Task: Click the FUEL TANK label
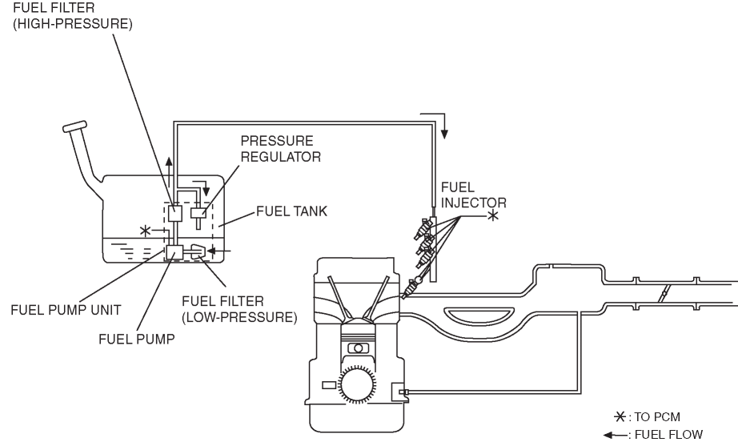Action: (x=291, y=211)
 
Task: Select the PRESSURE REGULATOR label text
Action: (x=280, y=149)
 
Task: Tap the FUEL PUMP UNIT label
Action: (x=66, y=310)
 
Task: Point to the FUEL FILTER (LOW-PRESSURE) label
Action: (x=239, y=309)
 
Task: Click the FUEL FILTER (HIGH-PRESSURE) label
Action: (x=73, y=15)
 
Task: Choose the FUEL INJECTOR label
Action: (x=474, y=195)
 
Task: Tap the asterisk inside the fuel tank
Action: (x=146, y=231)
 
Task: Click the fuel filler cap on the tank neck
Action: (x=74, y=127)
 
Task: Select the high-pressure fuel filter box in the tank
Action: (x=175, y=214)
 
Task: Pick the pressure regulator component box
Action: (x=199, y=213)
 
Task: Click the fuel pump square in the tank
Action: (x=174, y=253)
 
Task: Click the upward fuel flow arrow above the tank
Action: (x=169, y=173)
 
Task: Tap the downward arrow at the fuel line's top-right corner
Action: (x=439, y=125)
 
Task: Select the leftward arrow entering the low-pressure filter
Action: (x=219, y=251)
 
